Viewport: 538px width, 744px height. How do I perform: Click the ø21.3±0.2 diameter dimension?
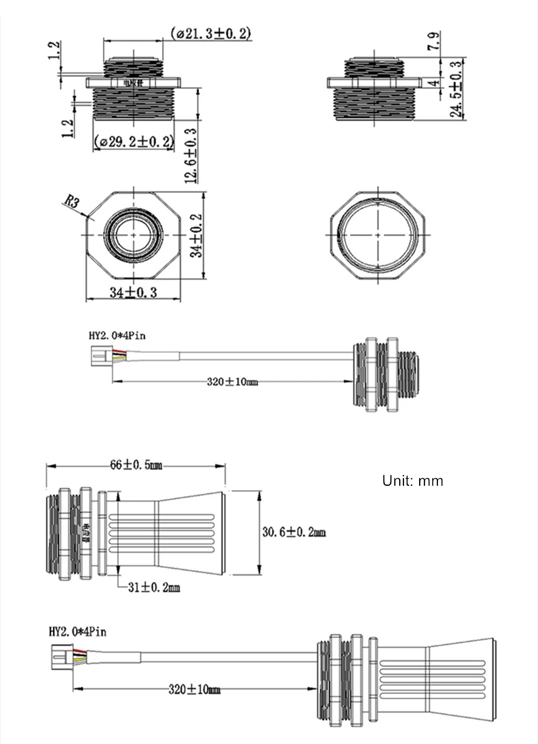click(x=211, y=33)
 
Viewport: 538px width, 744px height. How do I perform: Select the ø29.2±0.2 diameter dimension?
click(x=134, y=142)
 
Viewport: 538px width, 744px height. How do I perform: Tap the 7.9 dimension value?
click(x=434, y=41)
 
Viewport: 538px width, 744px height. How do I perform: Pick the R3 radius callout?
click(x=72, y=202)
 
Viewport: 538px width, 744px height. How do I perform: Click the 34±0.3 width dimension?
click(x=133, y=292)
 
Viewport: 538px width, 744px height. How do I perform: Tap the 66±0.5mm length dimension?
click(x=136, y=465)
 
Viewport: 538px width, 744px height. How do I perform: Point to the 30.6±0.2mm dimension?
click(x=294, y=532)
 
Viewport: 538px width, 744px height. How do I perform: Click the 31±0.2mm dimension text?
click(x=153, y=587)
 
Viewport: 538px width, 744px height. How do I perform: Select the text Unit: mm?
click(x=413, y=480)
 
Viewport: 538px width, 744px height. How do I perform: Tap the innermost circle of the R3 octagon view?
click(x=133, y=235)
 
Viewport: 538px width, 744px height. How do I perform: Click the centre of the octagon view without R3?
click(x=377, y=235)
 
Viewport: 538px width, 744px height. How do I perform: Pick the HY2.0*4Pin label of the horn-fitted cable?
click(x=77, y=631)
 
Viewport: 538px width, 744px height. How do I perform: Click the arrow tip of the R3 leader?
click(x=88, y=217)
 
